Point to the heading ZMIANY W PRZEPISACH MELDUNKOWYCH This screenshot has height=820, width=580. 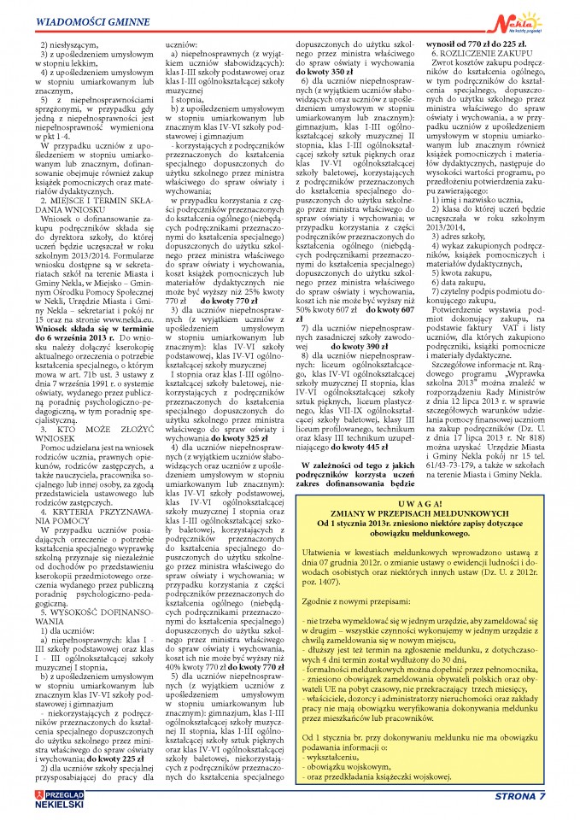[436, 514]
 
